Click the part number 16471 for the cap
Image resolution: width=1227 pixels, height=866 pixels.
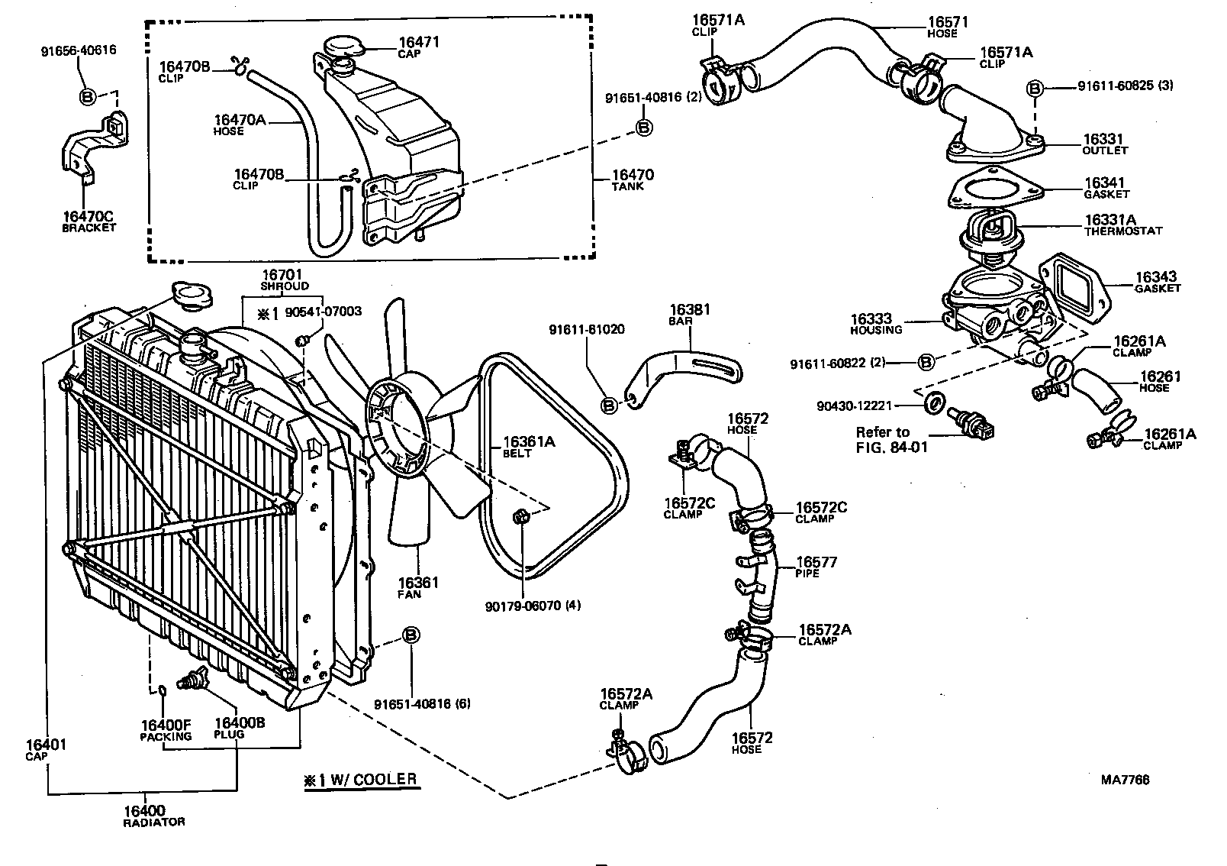click(419, 43)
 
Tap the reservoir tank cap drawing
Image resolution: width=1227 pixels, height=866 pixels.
click(340, 46)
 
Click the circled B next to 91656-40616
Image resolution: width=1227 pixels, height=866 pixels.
click(88, 96)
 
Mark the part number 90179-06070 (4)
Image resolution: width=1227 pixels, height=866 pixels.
click(533, 606)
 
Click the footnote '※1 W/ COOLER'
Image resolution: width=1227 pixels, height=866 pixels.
click(360, 780)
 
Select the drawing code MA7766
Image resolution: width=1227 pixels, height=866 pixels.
click(1125, 780)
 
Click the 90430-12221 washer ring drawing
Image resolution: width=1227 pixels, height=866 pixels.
click(932, 402)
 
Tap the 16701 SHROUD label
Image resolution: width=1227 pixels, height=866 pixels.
click(283, 279)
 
